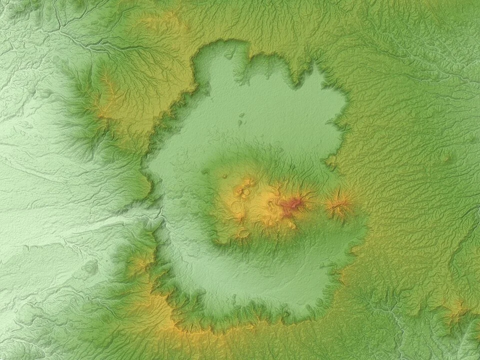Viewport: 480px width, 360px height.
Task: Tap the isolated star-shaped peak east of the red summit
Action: point(339,204)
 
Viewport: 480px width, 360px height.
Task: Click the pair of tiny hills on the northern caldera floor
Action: point(241,120)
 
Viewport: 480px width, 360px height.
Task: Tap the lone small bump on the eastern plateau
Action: point(446,159)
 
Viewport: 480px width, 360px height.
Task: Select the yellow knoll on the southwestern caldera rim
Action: point(140,262)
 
